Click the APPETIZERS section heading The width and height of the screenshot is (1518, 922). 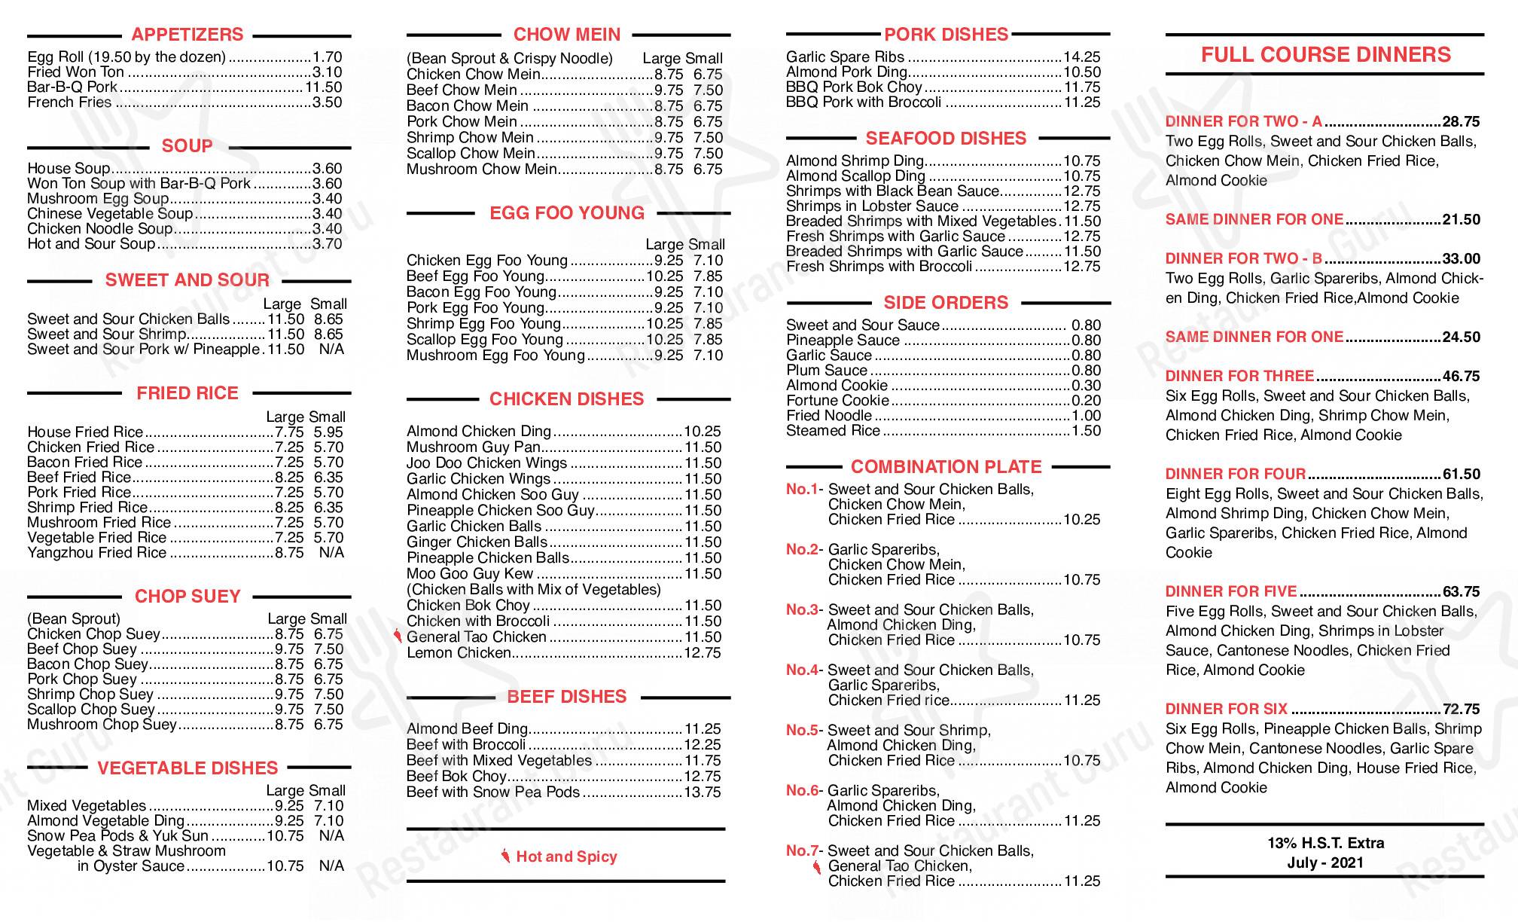coord(187,35)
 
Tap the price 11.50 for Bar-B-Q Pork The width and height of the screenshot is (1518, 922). coord(323,87)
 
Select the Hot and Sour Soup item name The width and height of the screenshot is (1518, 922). coord(91,244)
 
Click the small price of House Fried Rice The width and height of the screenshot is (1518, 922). coord(328,432)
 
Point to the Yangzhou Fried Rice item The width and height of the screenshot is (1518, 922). coord(96,553)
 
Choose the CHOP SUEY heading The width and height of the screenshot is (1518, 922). coord(187,597)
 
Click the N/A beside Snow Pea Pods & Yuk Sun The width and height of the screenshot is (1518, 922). coord(331,836)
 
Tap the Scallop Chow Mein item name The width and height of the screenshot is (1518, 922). coord(471,154)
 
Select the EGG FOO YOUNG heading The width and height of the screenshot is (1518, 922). coord(567,213)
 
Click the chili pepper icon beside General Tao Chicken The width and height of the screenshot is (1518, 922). coord(398,637)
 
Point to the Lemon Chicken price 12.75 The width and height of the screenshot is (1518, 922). coord(702,653)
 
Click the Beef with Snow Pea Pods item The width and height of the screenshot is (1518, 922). coord(493,792)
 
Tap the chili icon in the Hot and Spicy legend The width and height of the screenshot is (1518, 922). coord(505,856)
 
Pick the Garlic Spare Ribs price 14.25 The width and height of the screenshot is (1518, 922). coord(1081,57)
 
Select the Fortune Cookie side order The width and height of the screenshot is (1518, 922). coord(837,401)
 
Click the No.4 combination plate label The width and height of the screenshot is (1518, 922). coord(802,670)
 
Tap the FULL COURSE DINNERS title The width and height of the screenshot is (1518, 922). coord(1325,55)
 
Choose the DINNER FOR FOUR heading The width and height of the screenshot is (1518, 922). coord(1235,475)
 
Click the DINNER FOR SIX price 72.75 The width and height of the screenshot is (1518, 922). coord(1461,710)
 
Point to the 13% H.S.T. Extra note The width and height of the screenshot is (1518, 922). coord(1325,844)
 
